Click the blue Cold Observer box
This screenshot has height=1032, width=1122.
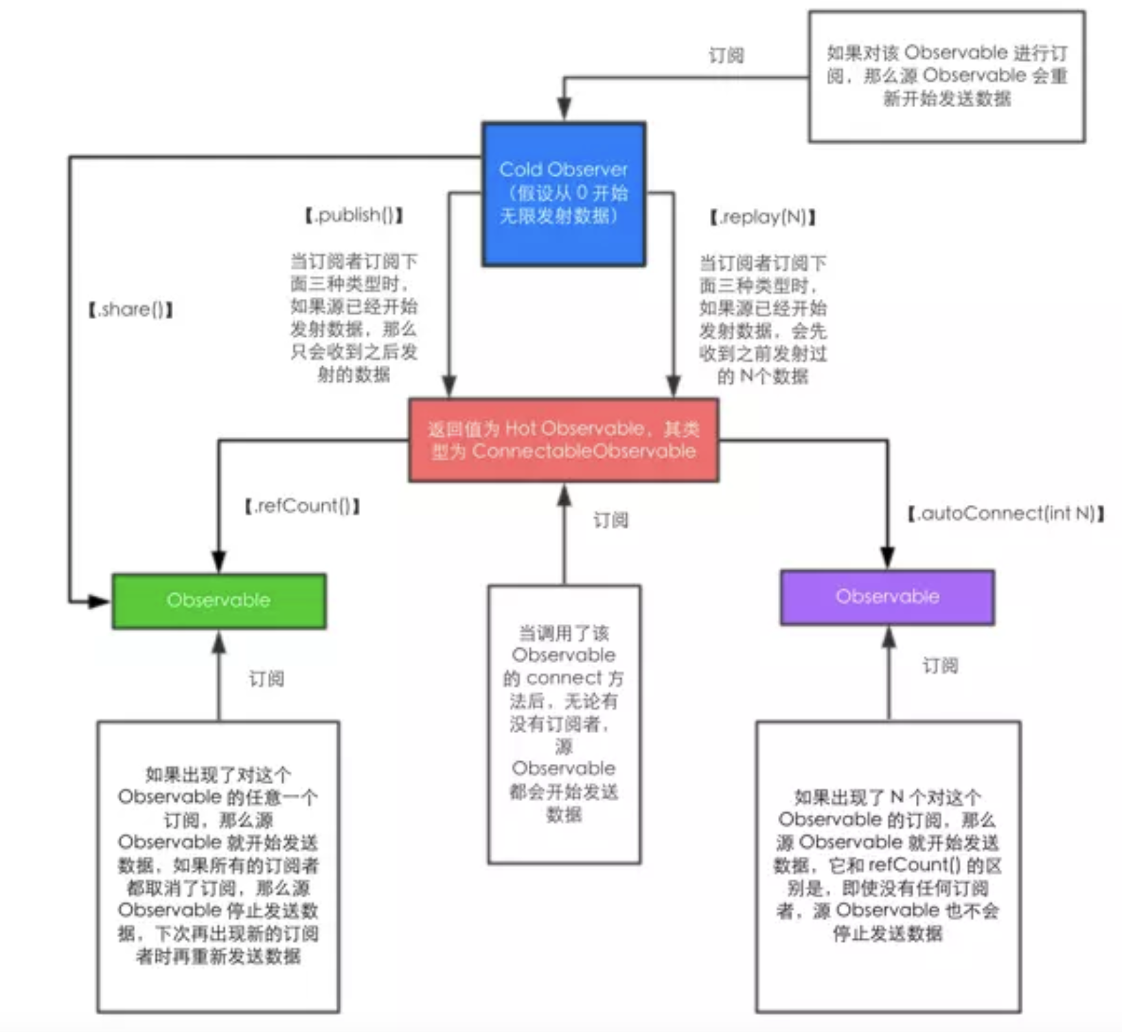tap(564, 194)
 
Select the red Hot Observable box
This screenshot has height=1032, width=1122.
tap(564, 440)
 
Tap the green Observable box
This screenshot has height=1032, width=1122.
tap(219, 601)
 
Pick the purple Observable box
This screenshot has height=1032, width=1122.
tap(887, 596)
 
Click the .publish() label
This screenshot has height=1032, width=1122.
tap(354, 215)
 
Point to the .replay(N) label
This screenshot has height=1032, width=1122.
tap(763, 217)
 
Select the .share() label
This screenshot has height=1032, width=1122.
tap(131, 309)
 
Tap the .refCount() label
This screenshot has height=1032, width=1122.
tap(303, 506)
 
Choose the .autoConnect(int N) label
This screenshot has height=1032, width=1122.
tap(1006, 513)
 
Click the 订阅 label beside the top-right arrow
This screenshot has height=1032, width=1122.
tap(726, 55)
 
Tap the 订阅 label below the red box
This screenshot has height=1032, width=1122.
tap(610, 520)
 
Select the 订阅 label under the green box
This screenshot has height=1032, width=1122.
tap(266, 679)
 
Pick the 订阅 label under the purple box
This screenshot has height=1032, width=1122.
tap(940, 665)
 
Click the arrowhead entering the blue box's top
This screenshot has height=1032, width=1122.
tap(564, 109)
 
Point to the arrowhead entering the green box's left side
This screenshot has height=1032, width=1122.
tap(100, 602)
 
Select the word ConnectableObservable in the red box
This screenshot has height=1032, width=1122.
tap(584, 451)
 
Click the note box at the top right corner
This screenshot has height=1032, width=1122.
tap(947, 76)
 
